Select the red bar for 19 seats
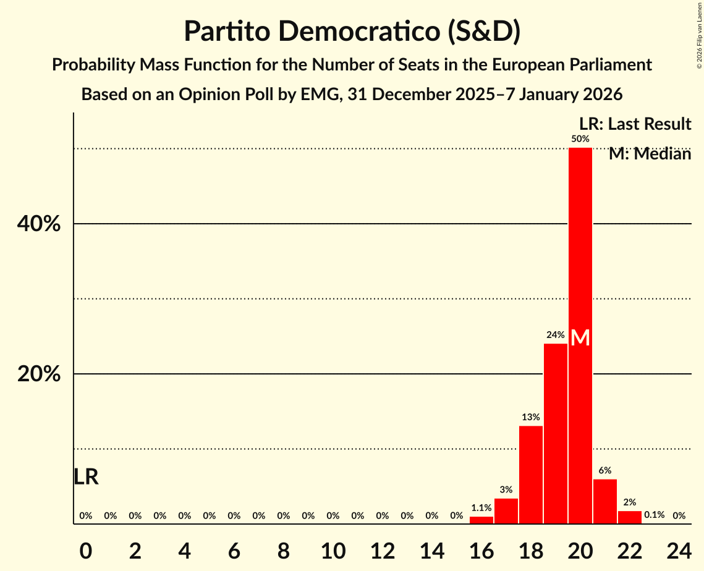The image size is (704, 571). (x=555, y=433)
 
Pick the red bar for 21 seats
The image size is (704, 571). (x=604, y=501)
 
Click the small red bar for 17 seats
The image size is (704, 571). (x=506, y=511)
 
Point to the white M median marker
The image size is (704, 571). (x=580, y=337)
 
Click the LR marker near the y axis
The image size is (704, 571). (x=86, y=477)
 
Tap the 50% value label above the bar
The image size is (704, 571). (x=580, y=139)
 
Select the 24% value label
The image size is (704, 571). (x=555, y=335)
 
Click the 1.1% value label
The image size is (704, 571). (x=481, y=507)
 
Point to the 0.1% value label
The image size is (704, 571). (x=654, y=515)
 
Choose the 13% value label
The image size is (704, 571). (x=530, y=417)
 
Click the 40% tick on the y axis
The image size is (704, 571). (x=39, y=224)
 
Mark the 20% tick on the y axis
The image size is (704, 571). (x=39, y=374)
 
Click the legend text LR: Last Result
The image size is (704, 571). (x=635, y=124)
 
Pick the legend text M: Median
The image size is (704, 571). (x=649, y=154)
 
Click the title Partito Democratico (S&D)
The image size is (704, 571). (x=352, y=31)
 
